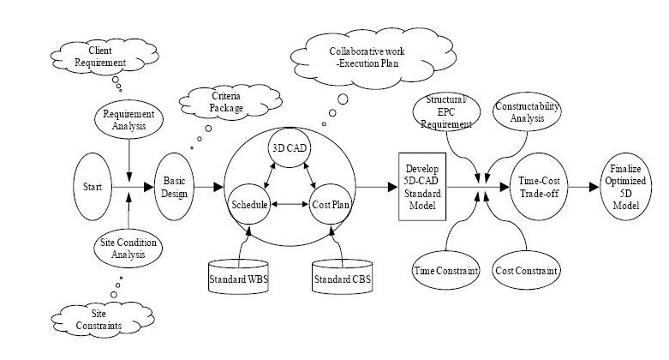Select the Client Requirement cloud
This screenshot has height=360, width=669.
click(x=91, y=57)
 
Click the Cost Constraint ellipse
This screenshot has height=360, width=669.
click(x=527, y=270)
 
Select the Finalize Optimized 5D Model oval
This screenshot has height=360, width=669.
click(x=618, y=186)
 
